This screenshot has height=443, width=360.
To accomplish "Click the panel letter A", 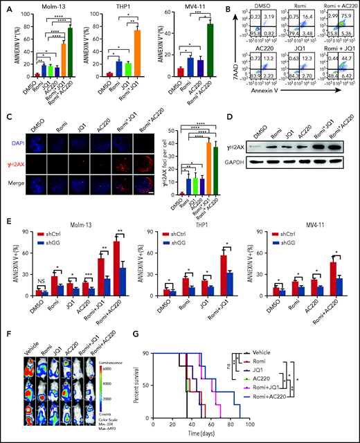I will [6, 8].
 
